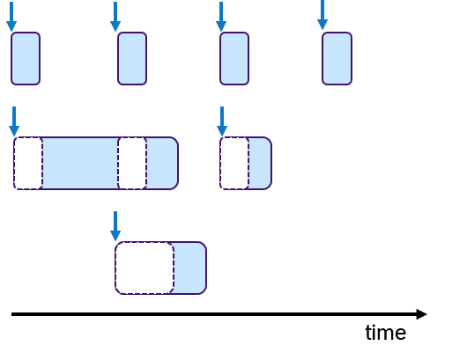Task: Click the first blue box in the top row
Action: [26, 59]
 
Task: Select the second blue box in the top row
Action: [132, 59]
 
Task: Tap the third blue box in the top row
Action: [234, 59]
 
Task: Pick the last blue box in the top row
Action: [337, 59]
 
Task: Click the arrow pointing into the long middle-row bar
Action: [14, 122]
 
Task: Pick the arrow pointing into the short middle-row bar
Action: [221, 122]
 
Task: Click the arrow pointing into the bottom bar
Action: [115, 226]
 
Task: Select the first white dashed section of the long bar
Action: [28, 164]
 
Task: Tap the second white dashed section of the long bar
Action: [132, 164]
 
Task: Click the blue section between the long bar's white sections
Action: [80, 164]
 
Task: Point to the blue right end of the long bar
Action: [162, 164]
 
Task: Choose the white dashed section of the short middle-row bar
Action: [234, 164]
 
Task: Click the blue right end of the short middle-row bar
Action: [260, 164]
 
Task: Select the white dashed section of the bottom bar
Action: [144, 268]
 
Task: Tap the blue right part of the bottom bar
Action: [189, 268]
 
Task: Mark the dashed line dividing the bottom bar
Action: [174, 268]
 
